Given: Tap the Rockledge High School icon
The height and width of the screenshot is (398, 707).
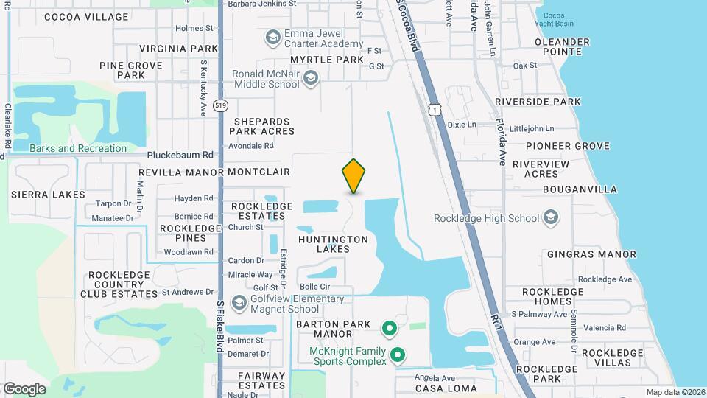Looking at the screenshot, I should (550, 218).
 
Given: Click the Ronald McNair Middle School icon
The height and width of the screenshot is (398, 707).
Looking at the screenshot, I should (311, 79).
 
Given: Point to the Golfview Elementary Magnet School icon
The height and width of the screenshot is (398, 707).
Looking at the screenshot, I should (239, 304).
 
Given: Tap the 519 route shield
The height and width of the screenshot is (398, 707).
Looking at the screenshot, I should (219, 106).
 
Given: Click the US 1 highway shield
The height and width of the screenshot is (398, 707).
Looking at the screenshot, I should (436, 110).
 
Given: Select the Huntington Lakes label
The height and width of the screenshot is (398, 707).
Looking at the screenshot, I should (333, 244).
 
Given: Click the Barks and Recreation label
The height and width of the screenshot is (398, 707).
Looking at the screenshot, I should (78, 148).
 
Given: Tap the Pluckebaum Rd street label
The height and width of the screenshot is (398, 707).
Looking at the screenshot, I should (180, 156).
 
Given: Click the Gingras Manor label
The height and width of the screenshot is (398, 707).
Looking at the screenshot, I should (591, 254).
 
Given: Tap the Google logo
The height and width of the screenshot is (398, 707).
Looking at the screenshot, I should (24, 388).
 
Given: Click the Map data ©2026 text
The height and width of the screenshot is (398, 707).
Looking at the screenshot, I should (673, 392).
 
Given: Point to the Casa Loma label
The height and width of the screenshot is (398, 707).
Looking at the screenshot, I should (446, 388).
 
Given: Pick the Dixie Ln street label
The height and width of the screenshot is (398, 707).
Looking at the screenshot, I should (462, 125).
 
